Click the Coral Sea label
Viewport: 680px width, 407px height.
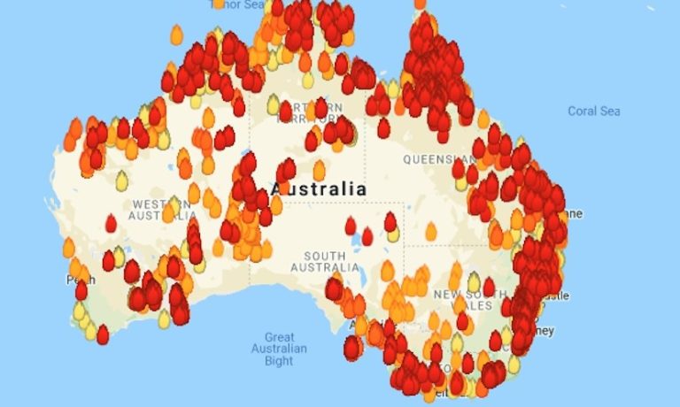[x=593, y=111]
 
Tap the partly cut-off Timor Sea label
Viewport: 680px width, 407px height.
[x=236, y=4]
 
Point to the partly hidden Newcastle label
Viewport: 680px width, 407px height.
[x=560, y=296]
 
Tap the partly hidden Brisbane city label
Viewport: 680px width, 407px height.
[x=573, y=213]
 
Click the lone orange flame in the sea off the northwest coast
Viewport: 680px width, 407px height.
[x=176, y=35]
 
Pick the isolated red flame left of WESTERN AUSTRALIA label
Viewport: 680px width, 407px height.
[x=111, y=224]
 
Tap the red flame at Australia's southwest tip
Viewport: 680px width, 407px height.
[x=103, y=334]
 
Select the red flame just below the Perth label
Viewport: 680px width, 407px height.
[x=81, y=291]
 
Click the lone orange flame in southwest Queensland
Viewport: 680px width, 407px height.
[x=430, y=232]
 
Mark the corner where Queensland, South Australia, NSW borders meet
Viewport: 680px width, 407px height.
[x=405, y=245]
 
